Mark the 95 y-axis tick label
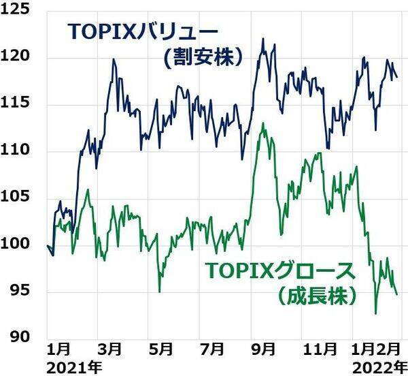[20, 291]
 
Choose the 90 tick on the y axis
[20, 337]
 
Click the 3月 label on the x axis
[110, 349]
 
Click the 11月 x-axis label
[319, 349]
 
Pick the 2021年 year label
[74, 367]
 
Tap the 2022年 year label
[375, 367]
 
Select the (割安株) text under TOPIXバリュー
[202, 58]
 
